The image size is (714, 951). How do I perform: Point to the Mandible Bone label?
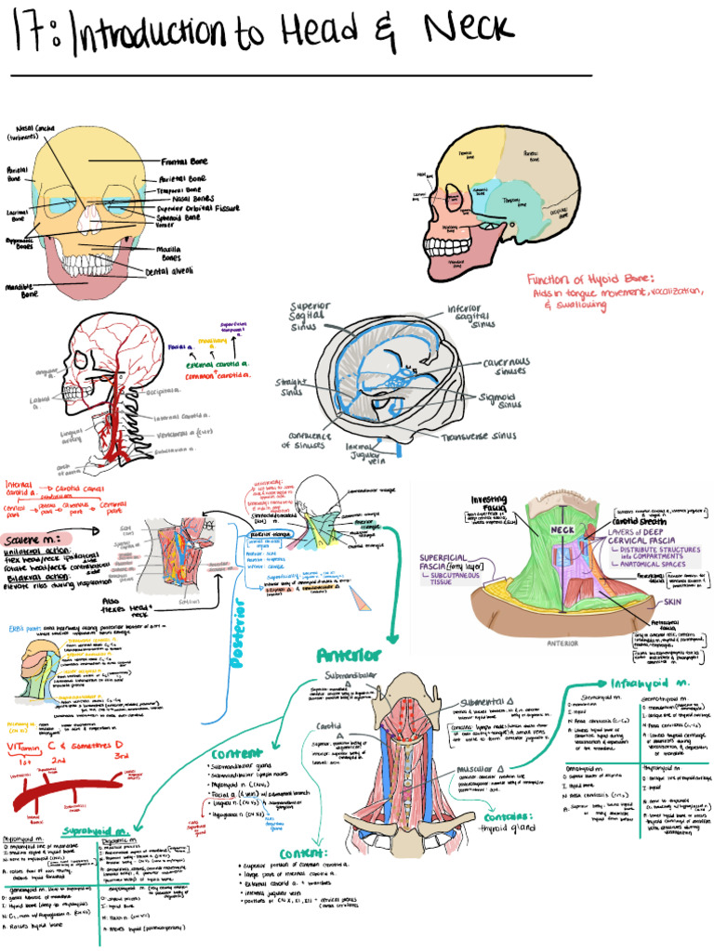tap(22, 291)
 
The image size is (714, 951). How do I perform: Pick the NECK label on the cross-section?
tap(563, 528)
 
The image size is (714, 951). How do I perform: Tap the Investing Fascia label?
tap(489, 502)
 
